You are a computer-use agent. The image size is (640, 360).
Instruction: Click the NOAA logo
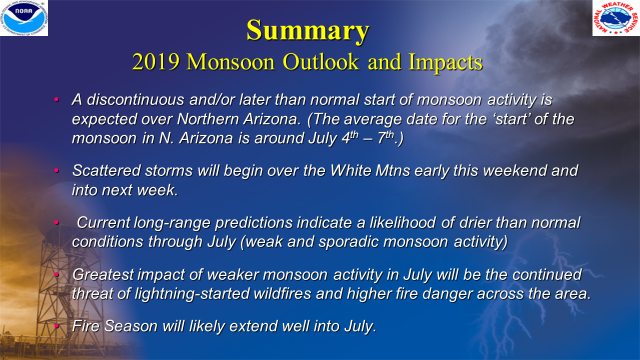point(24,18)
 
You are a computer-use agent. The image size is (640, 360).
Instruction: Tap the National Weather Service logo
point(616,18)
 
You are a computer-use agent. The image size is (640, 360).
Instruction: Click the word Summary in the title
point(307,31)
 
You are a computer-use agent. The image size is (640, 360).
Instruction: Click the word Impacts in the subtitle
point(445,62)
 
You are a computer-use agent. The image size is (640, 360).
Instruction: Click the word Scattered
point(105,171)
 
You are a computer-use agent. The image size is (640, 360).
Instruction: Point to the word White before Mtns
point(351,171)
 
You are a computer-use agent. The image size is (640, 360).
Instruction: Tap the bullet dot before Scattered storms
point(56,171)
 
